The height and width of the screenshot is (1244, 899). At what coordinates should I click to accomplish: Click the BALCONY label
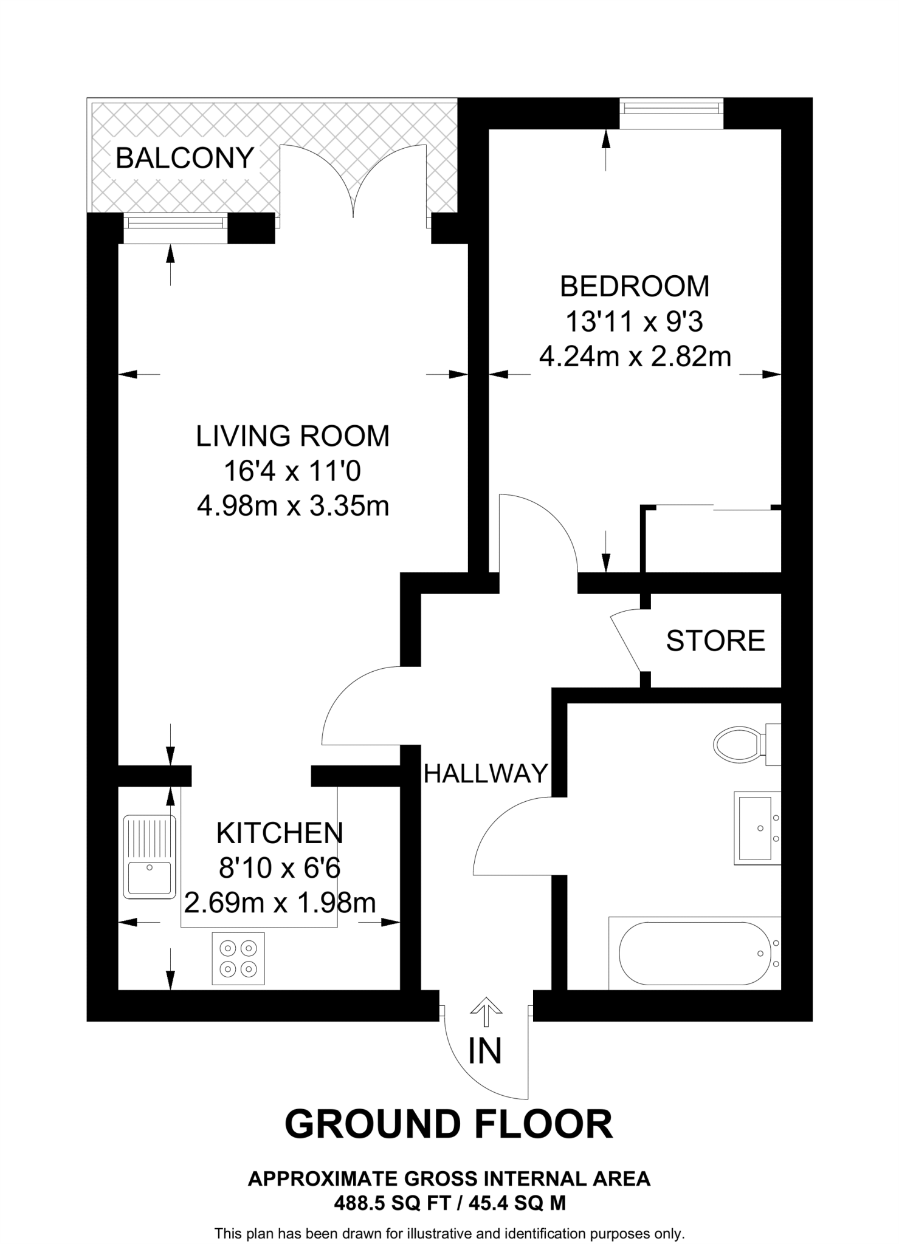coord(184,159)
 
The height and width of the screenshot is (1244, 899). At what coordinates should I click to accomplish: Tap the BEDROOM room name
coord(634,287)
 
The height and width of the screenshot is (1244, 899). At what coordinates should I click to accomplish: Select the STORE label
coord(715,641)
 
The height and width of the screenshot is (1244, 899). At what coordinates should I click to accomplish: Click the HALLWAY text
coord(485,774)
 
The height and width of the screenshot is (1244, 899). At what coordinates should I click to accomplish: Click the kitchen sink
coord(150,857)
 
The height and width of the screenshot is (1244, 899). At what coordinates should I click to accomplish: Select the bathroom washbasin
coord(757,828)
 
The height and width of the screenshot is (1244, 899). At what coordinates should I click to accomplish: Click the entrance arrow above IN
coord(486,1010)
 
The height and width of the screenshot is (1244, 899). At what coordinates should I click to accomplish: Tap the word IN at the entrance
coord(484,1051)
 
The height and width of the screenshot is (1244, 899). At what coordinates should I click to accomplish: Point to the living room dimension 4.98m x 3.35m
coord(293,505)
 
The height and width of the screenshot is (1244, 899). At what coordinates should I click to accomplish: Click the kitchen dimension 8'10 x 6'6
coord(280,868)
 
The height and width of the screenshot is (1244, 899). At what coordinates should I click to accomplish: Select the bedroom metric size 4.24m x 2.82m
coord(635,357)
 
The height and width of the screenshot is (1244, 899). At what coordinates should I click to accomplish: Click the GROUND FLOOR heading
coord(449,1124)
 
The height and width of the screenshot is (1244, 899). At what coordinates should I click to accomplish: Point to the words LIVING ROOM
coord(292,436)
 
